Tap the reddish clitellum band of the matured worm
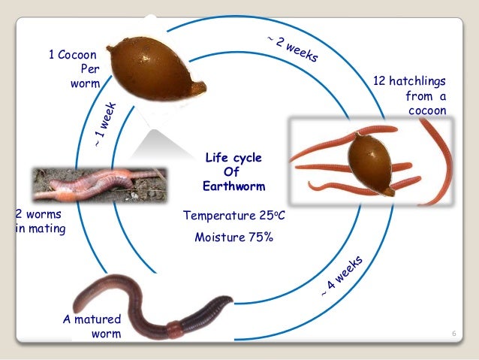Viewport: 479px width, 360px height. point(174,328)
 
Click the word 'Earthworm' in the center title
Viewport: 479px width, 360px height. point(233,186)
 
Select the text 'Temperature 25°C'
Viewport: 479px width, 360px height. point(233,216)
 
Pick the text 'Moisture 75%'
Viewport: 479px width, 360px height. point(233,237)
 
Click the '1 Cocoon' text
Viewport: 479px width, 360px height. point(74,54)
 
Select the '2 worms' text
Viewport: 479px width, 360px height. point(38,214)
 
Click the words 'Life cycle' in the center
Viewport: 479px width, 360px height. point(233,158)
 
